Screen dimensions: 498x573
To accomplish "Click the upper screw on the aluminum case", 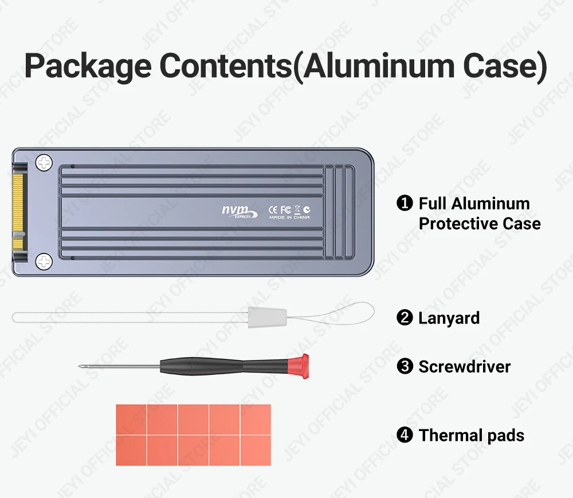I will tap(44, 163).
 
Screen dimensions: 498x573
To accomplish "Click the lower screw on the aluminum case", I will tap(44, 263).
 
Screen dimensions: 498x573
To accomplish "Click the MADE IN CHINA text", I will tap(289, 218).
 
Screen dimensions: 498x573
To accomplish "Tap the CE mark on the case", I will tap(273, 209).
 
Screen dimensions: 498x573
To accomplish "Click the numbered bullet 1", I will tap(405, 203).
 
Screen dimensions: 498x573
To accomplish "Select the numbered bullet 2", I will tap(405, 318).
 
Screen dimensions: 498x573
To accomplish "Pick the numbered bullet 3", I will tap(405, 366).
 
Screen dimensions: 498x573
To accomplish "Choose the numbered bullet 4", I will tap(405, 435).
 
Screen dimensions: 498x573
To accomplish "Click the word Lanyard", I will tap(449, 318).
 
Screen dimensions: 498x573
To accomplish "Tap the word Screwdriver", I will tap(464, 366).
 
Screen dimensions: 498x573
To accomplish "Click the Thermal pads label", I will tap(471, 435).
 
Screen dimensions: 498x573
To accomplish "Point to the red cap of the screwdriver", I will tap(299, 366).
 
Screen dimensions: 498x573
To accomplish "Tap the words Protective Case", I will tap(480, 223).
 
